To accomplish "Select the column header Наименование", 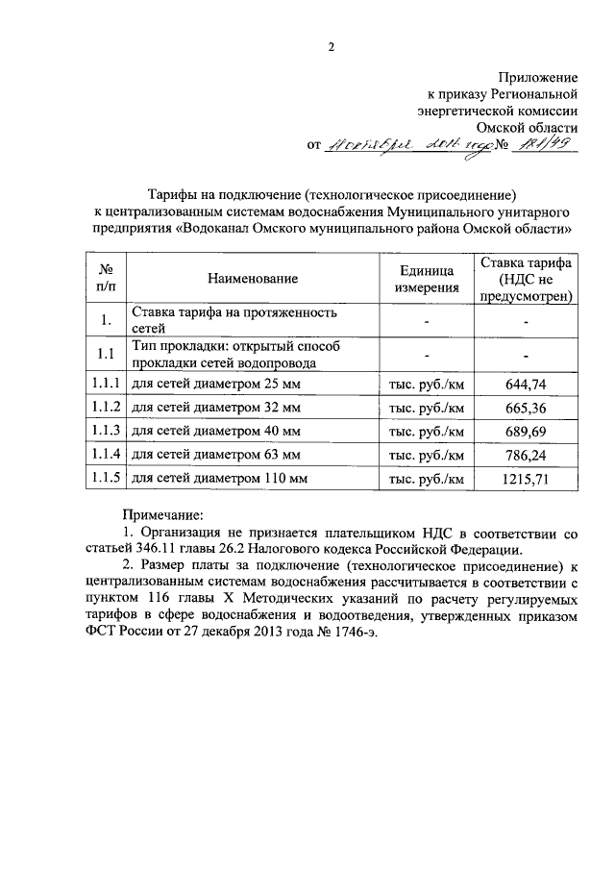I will coord(253,279).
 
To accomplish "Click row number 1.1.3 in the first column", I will coord(103,430).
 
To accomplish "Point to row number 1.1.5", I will coord(103,477).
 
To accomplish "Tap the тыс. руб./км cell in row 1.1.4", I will coord(427,453).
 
